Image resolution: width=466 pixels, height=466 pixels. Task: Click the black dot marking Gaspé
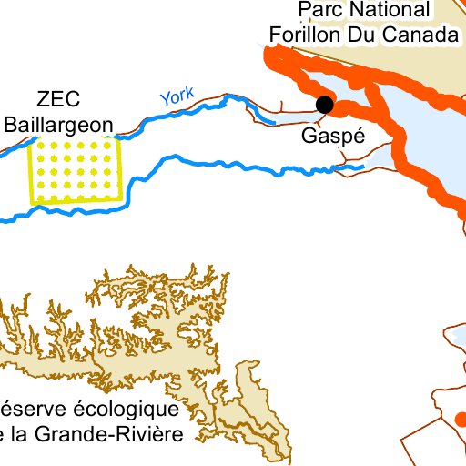[324, 105]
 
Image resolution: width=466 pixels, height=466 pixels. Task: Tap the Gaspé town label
[333, 137]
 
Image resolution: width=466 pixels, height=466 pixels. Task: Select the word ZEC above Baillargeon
[59, 99]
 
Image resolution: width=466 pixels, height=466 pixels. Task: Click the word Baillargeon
[59, 125]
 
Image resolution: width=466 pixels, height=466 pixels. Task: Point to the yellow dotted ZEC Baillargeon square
[76, 170]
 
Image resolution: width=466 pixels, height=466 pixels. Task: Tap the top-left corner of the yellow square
[30, 139]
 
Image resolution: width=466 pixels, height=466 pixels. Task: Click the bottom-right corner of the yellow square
[123, 201]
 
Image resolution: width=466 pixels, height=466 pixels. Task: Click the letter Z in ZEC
[44, 99]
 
